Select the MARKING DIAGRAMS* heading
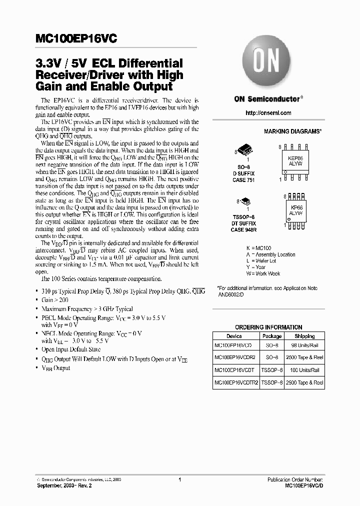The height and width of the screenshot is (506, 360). click(x=292, y=131)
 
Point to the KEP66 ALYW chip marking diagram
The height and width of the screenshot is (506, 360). click(x=295, y=160)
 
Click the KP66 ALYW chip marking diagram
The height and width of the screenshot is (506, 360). click(x=295, y=209)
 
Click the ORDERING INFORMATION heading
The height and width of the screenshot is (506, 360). click(x=268, y=327)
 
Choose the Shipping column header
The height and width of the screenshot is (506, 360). click(x=304, y=336)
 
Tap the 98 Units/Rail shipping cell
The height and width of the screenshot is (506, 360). click(x=304, y=345)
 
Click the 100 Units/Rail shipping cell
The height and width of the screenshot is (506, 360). click(x=304, y=370)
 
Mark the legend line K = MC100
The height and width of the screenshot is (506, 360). click(x=258, y=248)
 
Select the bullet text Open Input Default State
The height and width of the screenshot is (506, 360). click(x=70, y=349)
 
